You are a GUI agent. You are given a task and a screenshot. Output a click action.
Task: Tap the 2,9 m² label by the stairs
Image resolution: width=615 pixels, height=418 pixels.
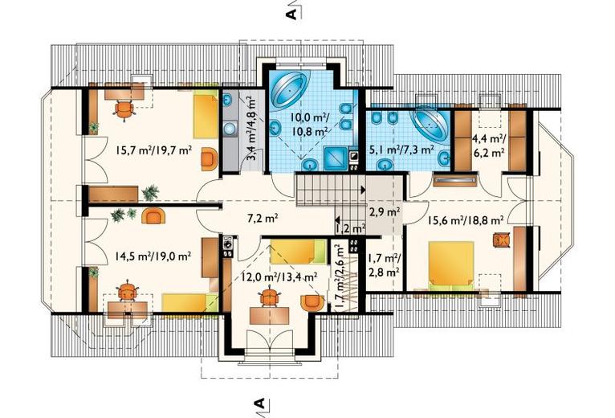click(x=385, y=212)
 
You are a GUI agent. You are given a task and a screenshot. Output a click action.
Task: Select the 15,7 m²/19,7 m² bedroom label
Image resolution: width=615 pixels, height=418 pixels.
click(x=153, y=150)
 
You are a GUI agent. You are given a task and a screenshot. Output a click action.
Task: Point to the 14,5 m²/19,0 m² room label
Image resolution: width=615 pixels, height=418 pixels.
click(x=153, y=256)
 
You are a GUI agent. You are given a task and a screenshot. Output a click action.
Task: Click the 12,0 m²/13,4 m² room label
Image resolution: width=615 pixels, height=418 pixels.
click(x=279, y=277)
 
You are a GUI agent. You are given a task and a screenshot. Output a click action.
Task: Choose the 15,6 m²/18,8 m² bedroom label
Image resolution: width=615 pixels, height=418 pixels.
click(x=465, y=221)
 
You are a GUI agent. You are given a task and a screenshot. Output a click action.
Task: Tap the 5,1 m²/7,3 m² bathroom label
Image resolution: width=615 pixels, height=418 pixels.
click(x=401, y=150)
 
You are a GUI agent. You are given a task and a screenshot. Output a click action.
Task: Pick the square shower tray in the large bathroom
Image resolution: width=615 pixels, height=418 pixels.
click(x=336, y=158)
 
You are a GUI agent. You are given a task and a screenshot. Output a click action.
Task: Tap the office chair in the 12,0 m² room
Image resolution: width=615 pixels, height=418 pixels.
click(x=269, y=297)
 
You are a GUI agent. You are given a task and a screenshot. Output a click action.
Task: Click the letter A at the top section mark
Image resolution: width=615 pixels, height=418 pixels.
click(x=291, y=14)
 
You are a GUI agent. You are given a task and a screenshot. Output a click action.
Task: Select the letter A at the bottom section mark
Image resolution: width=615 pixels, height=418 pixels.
click(x=259, y=403)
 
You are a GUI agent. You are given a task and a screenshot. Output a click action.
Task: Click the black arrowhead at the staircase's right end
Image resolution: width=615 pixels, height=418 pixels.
click(x=363, y=191)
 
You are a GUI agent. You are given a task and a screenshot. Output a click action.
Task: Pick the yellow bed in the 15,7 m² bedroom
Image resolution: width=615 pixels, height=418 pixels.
click(x=205, y=116)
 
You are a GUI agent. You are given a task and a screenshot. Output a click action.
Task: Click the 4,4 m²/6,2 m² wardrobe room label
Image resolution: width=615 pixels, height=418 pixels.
click(x=488, y=145)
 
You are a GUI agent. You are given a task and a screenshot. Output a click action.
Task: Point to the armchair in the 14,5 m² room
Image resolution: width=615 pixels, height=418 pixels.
click(x=153, y=216)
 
